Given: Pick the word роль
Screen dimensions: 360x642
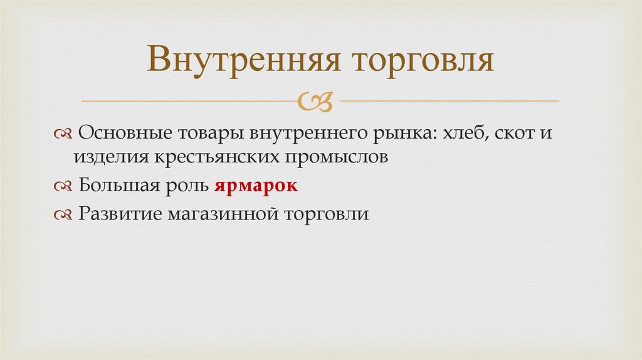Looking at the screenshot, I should pos(185,186).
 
